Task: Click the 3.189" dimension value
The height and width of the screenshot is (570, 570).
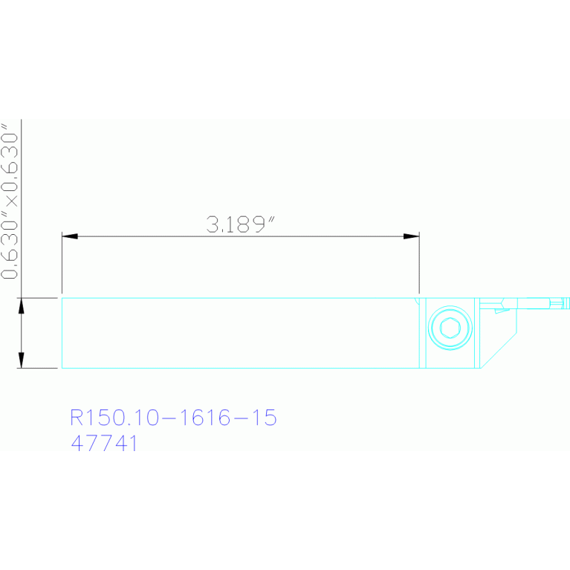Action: [240, 224]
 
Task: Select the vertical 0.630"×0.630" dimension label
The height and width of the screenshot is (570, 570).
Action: [10, 201]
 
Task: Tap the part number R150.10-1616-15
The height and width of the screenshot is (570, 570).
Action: [173, 418]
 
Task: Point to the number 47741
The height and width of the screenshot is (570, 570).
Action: [104, 443]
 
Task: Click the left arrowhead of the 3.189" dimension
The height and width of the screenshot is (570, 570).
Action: [69, 236]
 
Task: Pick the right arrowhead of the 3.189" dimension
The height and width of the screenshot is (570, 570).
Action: [411, 236]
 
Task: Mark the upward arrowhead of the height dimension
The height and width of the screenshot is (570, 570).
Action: [21, 305]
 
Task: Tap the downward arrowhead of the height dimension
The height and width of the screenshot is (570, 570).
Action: [21, 360]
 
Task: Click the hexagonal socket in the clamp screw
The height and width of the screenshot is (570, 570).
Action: [450, 328]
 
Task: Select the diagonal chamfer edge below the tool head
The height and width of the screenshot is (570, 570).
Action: [499, 351]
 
